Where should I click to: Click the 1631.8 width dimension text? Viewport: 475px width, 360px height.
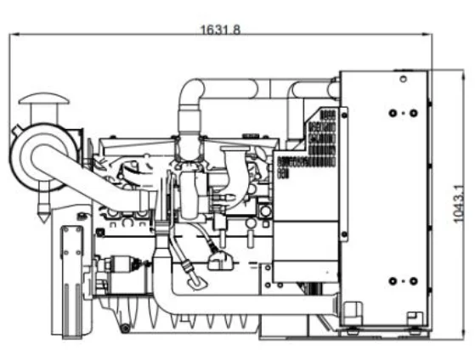220,30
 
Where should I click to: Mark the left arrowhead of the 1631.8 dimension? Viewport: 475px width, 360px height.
12,35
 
